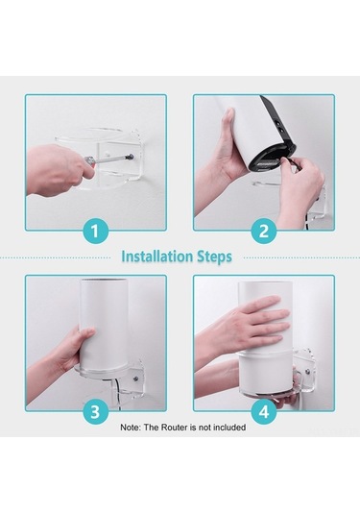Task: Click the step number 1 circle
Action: point(95,232)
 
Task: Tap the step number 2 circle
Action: point(264,232)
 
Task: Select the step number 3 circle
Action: point(95,411)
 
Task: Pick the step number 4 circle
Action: point(264,411)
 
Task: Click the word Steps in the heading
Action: point(214,257)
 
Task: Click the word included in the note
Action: point(229,428)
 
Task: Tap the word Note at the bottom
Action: point(131,428)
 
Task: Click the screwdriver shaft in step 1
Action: point(113,159)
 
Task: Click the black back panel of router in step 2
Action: point(277,121)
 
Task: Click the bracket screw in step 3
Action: point(135,379)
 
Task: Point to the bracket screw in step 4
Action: point(307,372)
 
